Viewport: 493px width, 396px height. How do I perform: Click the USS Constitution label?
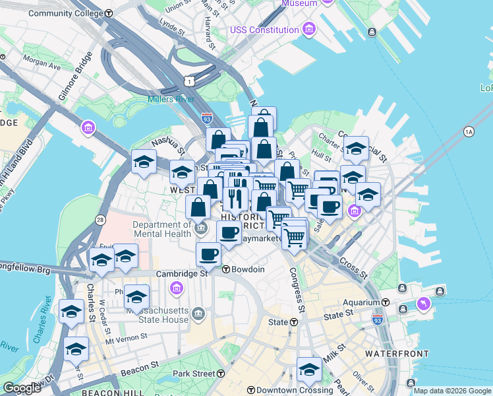point(264,30)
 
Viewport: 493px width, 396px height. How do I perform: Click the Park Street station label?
point(194,374)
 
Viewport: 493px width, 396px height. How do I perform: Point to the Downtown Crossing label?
point(287,390)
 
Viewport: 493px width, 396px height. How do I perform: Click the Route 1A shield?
point(469,131)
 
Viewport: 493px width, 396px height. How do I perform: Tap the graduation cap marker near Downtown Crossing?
point(308,370)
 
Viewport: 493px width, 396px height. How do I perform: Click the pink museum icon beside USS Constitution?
point(308,30)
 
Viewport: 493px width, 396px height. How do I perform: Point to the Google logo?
point(21,388)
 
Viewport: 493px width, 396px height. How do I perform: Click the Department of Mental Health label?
point(163,228)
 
